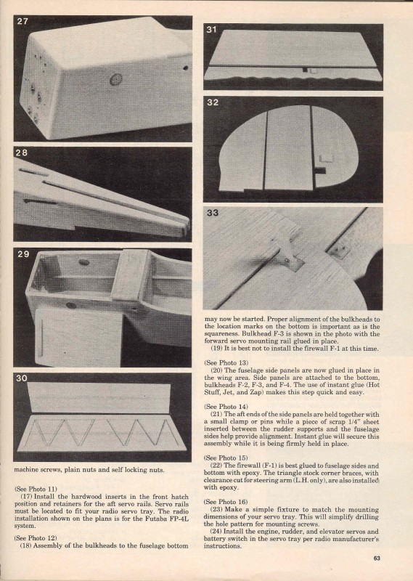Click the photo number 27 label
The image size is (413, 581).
tap(23, 22)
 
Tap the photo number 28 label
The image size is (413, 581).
tap(22, 153)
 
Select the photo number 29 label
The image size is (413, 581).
tap(23, 254)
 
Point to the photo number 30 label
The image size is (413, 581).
tap(22, 378)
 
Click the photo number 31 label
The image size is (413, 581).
tap(211, 30)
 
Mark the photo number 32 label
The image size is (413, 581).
tap(213, 102)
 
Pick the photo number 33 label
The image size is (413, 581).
tap(213, 213)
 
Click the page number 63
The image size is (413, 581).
tap(377, 558)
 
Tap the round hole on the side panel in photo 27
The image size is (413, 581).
tap(116, 79)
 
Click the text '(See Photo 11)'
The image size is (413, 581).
tap(36, 489)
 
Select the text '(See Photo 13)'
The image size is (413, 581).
tap(226, 362)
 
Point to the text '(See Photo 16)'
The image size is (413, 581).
tap(226, 502)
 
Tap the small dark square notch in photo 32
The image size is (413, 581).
tap(320, 171)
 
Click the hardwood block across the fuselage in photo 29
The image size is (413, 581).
tap(131, 275)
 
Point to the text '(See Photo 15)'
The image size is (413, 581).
tap(226, 458)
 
